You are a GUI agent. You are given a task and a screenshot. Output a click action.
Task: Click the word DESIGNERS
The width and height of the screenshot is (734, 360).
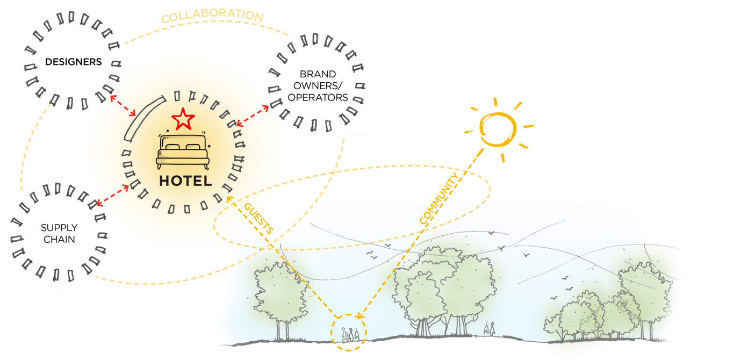click(74, 62)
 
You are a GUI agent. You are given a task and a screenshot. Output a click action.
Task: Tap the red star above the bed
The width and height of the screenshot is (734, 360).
click(183, 119)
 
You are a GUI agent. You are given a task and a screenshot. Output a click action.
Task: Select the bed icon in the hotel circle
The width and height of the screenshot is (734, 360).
click(183, 150)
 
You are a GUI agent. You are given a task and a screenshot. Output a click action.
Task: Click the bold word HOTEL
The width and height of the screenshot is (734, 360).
click(185, 181)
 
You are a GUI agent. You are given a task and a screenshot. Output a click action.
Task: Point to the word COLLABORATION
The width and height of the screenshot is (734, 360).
click(212, 15)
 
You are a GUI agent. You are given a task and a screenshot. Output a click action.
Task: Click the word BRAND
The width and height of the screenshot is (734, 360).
click(318, 74)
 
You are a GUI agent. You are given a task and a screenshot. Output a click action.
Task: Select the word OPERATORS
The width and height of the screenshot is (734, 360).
click(318, 98)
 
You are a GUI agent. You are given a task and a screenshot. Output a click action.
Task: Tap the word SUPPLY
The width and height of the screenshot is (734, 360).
click(59, 228)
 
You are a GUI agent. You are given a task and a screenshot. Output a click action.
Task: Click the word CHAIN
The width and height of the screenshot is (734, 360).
click(59, 240)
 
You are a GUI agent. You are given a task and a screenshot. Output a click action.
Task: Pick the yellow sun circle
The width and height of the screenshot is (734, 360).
click(498, 129)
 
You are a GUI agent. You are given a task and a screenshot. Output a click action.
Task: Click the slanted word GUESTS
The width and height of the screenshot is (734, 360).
click(258, 218)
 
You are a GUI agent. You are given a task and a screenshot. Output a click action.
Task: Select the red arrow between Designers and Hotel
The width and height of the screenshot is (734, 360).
click(123, 105)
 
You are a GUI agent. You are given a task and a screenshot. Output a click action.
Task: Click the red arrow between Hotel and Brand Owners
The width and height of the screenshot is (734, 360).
click(253, 116)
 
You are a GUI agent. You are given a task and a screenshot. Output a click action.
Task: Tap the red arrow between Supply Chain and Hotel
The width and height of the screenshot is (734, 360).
click(113, 196)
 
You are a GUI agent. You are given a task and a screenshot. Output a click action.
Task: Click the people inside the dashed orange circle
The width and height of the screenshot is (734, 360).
click(350, 334)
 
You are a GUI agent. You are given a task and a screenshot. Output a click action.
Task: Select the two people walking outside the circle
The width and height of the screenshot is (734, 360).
click(490, 328)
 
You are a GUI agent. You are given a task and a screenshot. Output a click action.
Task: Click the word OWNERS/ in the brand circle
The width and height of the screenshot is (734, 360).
click(318, 86)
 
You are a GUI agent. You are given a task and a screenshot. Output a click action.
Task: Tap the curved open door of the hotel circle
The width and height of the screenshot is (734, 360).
click(145, 119)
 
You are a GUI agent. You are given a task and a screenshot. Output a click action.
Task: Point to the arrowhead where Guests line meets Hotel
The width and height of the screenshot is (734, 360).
click(229, 199)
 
